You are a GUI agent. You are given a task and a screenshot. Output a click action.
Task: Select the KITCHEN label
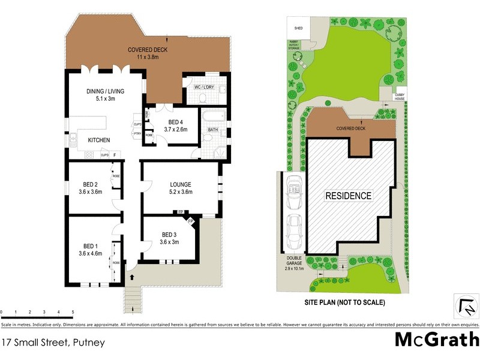[99, 140]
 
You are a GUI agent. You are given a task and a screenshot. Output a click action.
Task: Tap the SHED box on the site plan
[297, 28]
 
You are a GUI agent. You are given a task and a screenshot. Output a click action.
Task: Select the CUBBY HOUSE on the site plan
[399, 96]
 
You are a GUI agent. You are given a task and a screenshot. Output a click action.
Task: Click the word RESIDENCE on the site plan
[349, 196]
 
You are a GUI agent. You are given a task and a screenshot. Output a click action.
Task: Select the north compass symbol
[466, 307]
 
